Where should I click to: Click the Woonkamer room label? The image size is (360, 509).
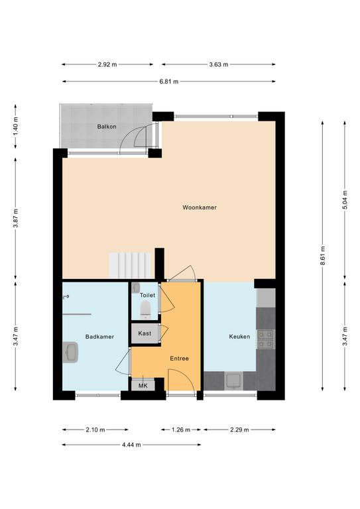pyautogui.click(x=200, y=207)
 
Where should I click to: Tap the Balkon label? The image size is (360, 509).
pyautogui.click(x=107, y=127)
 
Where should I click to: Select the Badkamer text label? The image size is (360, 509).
pyautogui.click(x=99, y=337)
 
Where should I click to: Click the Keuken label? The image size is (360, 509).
pyautogui.click(x=239, y=337)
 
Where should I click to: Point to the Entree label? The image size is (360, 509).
pyautogui.click(x=179, y=359)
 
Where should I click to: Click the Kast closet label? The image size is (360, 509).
pyautogui.click(x=145, y=333)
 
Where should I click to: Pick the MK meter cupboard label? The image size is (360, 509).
pyautogui.click(x=143, y=386)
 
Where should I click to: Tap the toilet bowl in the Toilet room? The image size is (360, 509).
pyautogui.click(x=145, y=309)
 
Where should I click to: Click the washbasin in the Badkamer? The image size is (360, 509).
pyautogui.click(x=70, y=352)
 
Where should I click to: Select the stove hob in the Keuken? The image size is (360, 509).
pyautogui.click(x=265, y=339)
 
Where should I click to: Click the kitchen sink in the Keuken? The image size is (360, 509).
pyautogui.click(x=233, y=381)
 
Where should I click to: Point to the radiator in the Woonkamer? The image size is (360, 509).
pyautogui.click(x=130, y=265)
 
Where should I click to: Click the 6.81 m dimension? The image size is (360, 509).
pyautogui.click(x=169, y=82)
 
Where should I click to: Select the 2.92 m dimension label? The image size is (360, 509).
pyautogui.click(x=107, y=64)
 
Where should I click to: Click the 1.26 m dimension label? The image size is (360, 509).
pyautogui.click(x=181, y=429)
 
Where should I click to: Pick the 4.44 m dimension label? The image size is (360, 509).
pyautogui.click(x=131, y=445)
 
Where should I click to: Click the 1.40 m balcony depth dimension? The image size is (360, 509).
pyautogui.click(x=16, y=126)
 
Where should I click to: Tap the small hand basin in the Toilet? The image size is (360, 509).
pyautogui.click(x=137, y=288)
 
